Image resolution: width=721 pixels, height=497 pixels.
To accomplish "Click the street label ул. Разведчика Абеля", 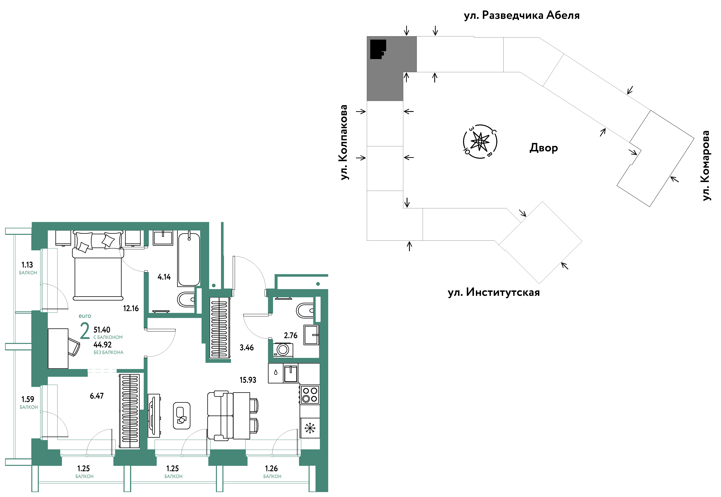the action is pos(522,15).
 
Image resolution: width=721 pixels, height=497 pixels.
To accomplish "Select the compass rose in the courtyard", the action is pos(480,141).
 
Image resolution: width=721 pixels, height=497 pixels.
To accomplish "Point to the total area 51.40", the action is pos(102,330).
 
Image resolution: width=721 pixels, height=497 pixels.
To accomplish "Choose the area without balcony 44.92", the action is pos(103,345).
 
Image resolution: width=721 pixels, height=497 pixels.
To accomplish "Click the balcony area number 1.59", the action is pos(28,399).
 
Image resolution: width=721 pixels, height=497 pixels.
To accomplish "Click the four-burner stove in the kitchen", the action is pos(310,395).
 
